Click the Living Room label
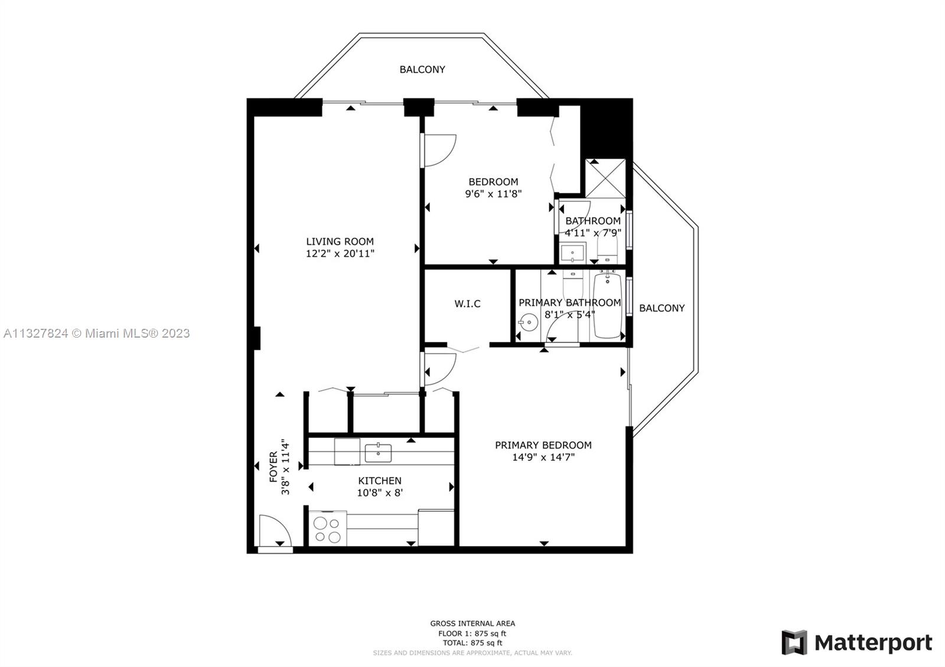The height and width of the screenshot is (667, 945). (340, 241)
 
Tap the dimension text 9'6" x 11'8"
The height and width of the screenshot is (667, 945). (493, 194)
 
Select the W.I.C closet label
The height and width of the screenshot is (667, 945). (467, 303)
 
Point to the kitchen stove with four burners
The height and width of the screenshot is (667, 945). (328, 529)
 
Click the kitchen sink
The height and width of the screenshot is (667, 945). (378, 453)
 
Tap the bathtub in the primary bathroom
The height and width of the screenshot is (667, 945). (608, 305)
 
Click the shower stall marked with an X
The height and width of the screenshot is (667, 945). (605, 179)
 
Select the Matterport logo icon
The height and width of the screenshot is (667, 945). (794, 643)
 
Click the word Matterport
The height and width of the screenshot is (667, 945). (874, 643)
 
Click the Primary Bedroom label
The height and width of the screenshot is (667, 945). (543, 445)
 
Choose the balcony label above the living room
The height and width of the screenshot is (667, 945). (422, 70)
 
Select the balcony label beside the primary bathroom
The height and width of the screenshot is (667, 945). (661, 308)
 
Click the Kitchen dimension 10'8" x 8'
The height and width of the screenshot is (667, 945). (380, 492)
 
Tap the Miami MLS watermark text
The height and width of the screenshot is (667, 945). (97, 333)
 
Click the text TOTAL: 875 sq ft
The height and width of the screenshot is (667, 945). (472, 643)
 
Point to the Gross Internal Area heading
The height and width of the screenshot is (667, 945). (472, 623)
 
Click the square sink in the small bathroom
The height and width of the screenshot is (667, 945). (572, 253)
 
